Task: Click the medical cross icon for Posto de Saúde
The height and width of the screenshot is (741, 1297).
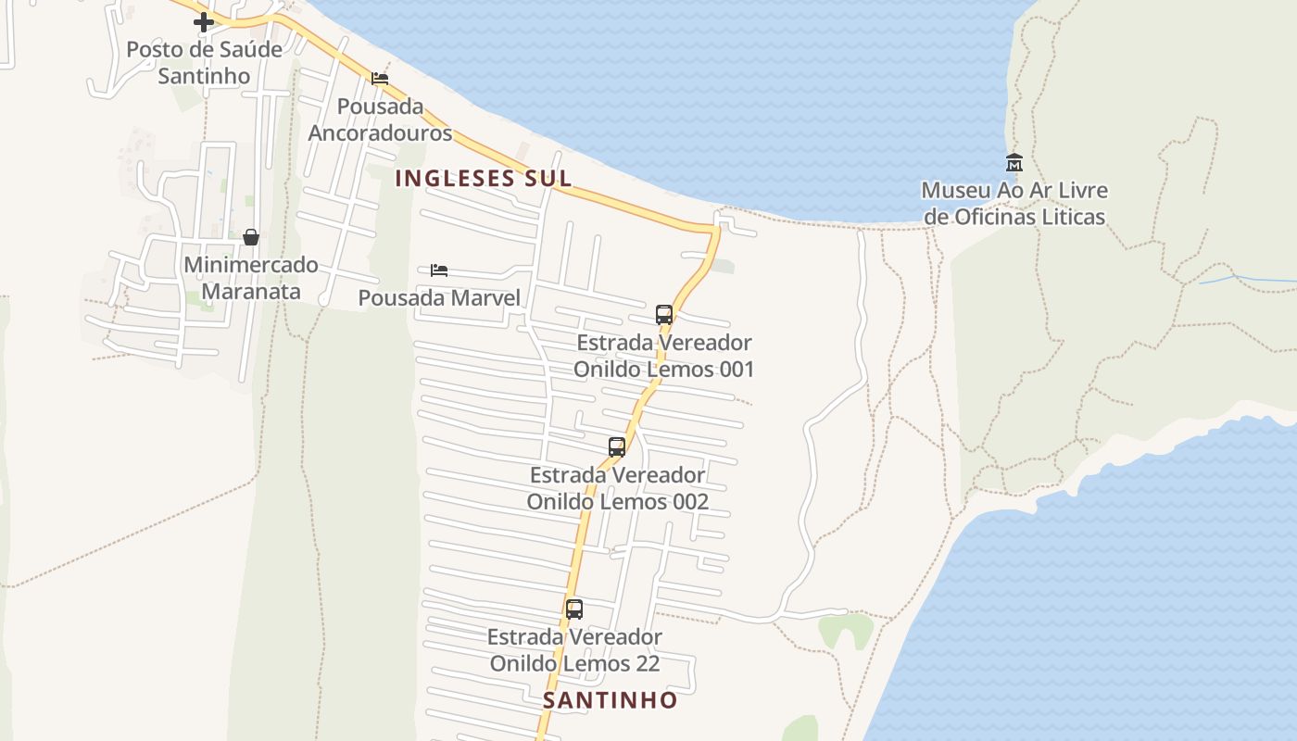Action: (x=204, y=22)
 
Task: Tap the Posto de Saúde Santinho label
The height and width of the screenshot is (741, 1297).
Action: (x=204, y=62)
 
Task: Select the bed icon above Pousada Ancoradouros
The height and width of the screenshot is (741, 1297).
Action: (x=380, y=79)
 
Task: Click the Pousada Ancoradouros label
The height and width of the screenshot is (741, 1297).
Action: (x=380, y=119)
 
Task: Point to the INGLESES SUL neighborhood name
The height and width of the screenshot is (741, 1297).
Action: (x=484, y=179)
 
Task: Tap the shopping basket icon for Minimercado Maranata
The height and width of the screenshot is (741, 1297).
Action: (x=250, y=237)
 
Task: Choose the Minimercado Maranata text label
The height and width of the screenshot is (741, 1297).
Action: (x=251, y=278)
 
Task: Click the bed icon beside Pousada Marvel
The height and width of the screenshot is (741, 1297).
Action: (x=439, y=270)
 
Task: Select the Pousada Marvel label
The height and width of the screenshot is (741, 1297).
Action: (x=439, y=298)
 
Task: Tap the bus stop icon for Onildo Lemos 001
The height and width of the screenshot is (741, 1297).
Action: (x=663, y=314)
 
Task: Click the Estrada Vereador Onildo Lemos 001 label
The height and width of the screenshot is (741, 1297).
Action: (x=663, y=356)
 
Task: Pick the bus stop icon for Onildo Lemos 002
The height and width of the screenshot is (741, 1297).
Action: (x=617, y=447)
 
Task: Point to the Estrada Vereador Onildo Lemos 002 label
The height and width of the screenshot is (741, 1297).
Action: (x=617, y=488)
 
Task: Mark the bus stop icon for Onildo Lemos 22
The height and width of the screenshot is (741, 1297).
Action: (x=574, y=609)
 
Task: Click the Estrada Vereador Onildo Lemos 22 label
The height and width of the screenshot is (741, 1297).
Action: (x=574, y=650)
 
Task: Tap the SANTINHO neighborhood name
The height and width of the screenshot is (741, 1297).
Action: (x=611, y=700)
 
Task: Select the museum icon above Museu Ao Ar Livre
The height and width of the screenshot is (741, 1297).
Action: (x=1014, y=162)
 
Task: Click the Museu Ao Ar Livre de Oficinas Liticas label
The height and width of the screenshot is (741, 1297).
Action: (x=1014, y=204)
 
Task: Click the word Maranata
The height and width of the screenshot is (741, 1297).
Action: (x=251, y=292)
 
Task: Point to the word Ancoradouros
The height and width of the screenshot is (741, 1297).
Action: (x=380, y=133)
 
